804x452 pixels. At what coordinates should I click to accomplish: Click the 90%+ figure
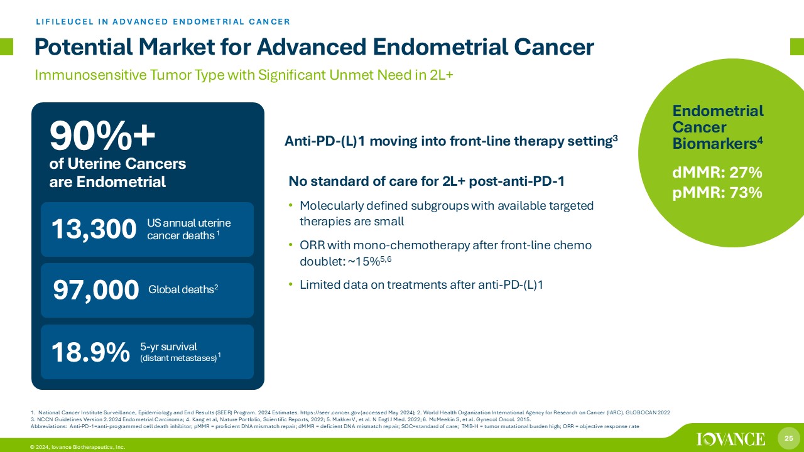pos(102,136)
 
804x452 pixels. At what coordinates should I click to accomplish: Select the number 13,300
pos(94,229)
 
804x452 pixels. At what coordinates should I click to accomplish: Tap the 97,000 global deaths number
pos(96,290)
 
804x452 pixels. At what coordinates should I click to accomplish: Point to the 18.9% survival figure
pos(90,352)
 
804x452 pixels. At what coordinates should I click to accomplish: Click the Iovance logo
pos(731,439)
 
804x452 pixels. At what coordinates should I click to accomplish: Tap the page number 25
pos(788,438)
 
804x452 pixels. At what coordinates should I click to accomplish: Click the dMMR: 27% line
pos(717,173)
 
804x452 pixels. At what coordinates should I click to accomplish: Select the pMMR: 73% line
pos(717,193)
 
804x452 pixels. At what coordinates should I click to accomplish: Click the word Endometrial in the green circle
pos(718,111)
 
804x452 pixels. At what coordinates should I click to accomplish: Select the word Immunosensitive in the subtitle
pos(91,75)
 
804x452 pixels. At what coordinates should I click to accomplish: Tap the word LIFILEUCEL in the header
pos(65,21)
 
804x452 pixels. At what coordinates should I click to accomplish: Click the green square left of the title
pos(6,46)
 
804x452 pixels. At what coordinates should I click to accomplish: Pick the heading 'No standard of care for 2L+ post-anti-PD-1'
pos(426,181)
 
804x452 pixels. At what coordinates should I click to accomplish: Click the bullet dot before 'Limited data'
pos(291,285)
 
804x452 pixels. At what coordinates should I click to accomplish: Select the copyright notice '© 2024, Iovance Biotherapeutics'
pos(77,447)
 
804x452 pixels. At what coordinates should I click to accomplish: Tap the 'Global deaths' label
pos(183,289)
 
